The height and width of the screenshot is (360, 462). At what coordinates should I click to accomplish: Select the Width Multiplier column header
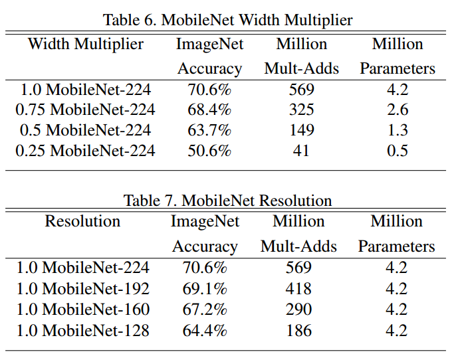pos(85,45)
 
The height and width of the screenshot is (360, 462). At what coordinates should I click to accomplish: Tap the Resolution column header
pos(82,221)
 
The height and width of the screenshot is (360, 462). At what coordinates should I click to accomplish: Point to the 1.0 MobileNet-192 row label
pos(83,289)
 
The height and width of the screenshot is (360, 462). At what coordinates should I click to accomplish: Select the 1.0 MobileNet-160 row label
pos(83,310)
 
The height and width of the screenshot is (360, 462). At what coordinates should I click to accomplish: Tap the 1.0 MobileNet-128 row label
pos(83,330)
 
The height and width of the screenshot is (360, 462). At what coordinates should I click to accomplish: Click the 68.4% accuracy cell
pos(209,110)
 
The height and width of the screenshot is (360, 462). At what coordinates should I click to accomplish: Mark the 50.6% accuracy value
pos(209,151)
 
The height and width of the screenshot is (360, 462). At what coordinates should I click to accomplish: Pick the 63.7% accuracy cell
pos(209,130)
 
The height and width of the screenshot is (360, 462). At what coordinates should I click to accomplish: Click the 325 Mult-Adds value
pos(301,110)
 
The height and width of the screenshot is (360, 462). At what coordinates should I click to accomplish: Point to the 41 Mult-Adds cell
pos(301,151)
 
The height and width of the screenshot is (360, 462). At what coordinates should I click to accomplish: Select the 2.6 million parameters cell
pos(398,110)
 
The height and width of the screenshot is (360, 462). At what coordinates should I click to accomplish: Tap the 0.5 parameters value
pos(398,151)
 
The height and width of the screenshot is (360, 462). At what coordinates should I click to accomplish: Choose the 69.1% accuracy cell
pos(205,289)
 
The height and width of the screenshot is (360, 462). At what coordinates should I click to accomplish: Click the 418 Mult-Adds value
pos(298,289)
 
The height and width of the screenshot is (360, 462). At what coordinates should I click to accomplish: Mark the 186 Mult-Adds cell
pos(298,330)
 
